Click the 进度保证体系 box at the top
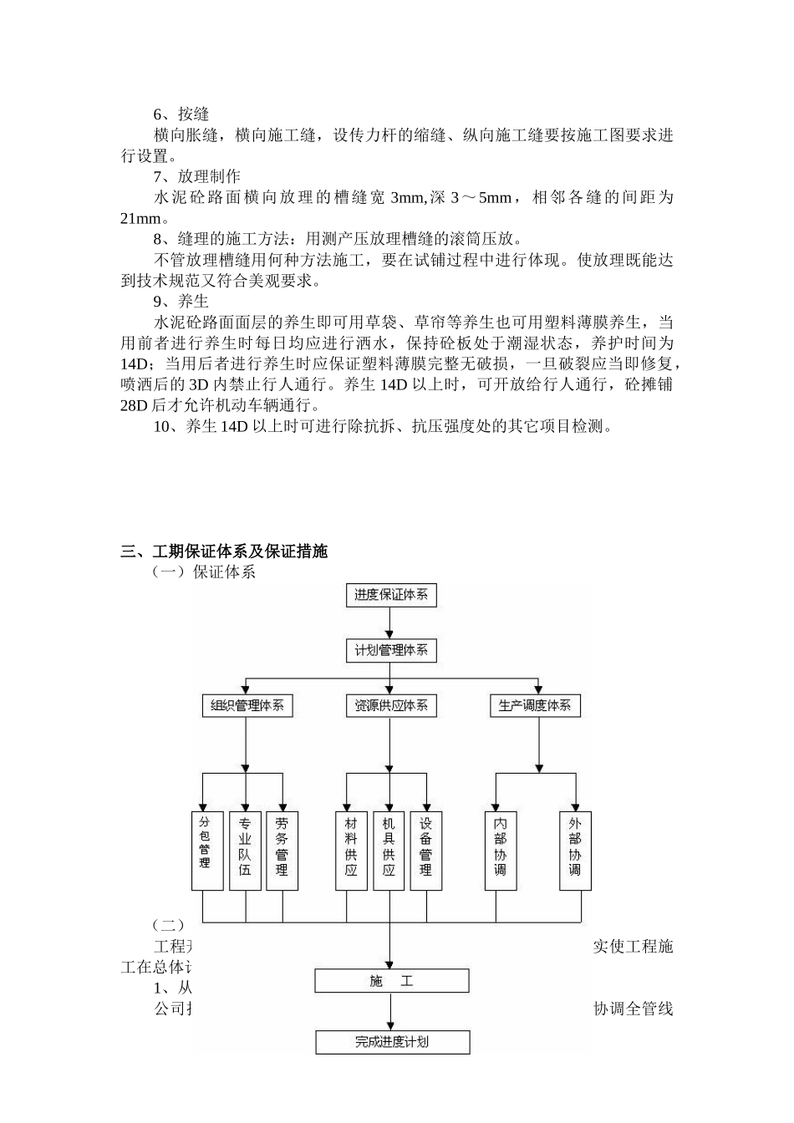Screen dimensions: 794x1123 click(391, 595)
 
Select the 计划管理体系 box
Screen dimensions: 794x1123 click(391, 650)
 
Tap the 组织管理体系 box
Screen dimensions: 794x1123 click(247, 705)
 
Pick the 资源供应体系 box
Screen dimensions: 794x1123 click(391, 705)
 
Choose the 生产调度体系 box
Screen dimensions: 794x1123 click(535, 705)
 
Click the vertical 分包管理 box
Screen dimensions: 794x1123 click(205, 850)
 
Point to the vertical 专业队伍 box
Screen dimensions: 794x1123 click(245, 850)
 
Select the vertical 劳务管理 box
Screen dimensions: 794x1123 click(282, 850)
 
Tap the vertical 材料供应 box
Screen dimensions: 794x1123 click(351, 850)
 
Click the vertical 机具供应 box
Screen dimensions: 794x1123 click(389, 850)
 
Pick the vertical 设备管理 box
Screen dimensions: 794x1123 click(426, 850)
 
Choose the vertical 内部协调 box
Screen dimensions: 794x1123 click(501, 850)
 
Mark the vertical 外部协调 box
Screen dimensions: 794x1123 click(575, 850)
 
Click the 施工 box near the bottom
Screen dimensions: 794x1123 click(391, 981)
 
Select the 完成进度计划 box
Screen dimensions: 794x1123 click(392, 1042)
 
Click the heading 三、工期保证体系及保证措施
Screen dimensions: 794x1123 click(224, 551)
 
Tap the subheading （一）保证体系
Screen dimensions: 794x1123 click(203, 572)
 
